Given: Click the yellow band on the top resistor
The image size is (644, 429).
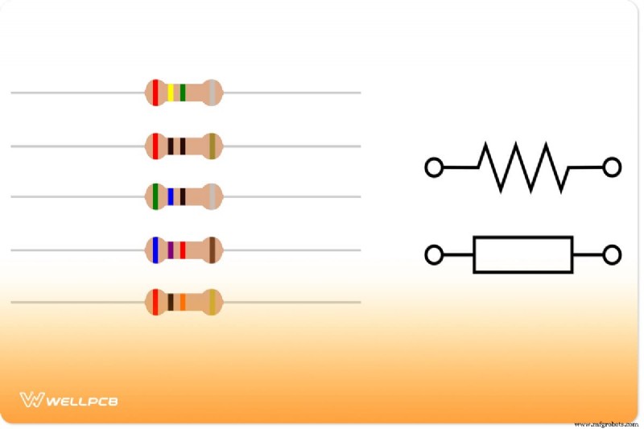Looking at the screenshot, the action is pos(171,93).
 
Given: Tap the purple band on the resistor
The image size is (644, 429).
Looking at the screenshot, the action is pos(171,250).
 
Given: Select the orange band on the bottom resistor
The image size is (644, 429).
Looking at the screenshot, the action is pos(183,302).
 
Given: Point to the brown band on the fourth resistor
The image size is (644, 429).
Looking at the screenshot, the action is pos(213,250).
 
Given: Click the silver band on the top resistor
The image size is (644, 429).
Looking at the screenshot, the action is pos(213,93).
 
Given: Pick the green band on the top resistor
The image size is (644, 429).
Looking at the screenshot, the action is pos(183,93).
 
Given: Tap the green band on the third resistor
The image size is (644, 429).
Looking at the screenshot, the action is pos(155,196).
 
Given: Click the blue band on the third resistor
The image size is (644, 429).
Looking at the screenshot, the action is pos(171,196).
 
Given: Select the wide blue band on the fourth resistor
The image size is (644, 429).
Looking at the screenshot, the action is pos(155,250).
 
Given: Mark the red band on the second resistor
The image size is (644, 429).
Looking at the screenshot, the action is pos(155,146).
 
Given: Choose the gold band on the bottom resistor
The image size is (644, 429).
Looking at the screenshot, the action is pos(213,302).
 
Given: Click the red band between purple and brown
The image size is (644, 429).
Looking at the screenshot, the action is pos(183,250).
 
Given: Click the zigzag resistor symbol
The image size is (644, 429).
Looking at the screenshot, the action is pos(522,167).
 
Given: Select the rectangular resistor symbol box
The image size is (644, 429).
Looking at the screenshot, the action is pos(522,237).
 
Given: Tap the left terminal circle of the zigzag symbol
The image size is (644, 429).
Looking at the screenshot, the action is pos(434,167).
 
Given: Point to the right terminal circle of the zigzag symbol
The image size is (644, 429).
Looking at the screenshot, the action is pos(612,167).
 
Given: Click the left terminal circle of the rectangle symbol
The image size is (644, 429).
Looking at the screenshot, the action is pos(434,254).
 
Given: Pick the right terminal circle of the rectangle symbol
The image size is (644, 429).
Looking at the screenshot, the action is pos(612,254).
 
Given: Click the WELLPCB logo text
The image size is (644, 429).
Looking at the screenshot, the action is pos(82,401).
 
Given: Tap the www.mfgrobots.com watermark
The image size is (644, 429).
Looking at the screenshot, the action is pos(606,424).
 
